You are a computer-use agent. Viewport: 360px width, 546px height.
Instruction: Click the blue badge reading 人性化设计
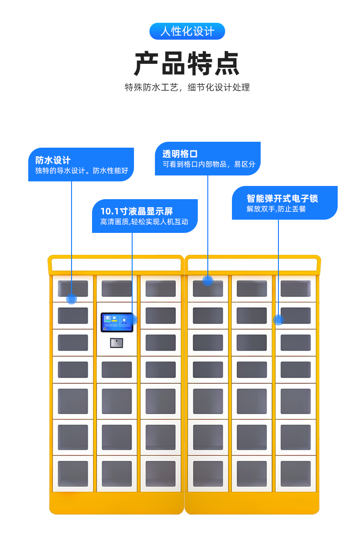(x=187, y=31)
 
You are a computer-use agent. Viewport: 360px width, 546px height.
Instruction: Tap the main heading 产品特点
(x=187, y=63)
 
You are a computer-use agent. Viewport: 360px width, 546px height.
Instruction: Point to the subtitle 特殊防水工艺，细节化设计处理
(x=187, y=88)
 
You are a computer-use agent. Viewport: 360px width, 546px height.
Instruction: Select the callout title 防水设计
(x=53, y=160)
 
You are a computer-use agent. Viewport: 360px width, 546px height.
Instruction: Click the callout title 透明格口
(x=180, y=154)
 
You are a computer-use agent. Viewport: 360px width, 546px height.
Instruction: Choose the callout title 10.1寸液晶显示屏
(x=137, y=211)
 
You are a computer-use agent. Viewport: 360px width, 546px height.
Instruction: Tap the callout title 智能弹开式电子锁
(x=282, y=198)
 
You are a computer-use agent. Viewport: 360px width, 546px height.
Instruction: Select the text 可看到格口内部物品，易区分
(x=209, y=165)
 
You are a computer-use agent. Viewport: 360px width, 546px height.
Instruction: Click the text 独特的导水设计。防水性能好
(x=82, y=171)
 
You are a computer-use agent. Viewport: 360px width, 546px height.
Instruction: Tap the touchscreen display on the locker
(x=117, y=322)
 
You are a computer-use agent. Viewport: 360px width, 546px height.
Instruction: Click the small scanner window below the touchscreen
(x=117, y=342)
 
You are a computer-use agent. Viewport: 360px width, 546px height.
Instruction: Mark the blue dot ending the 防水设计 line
(x=72, y=299)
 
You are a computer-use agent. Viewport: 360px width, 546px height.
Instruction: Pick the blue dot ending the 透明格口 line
(x=208, y=280)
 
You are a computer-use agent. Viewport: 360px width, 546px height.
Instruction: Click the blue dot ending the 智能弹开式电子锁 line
(x=278, y=320)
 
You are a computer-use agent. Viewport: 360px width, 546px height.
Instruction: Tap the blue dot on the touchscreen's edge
(x=133, y=319)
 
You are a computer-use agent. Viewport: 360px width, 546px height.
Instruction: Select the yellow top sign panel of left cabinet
(x=116, y=264)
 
